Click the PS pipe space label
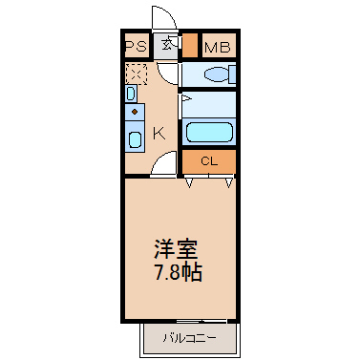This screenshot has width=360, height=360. click(x=137, y=47)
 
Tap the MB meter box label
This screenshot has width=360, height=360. click(x=218, y=48)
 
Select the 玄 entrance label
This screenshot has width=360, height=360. click(x=167, y=44)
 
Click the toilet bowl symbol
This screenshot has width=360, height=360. click(x=217, y=75)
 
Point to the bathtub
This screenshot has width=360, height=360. click(x=209, y=132)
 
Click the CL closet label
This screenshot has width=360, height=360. click(x=209, y=161)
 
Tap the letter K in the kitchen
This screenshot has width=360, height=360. click(x=159, y=134)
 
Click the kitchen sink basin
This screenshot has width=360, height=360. click(x=135, y=139)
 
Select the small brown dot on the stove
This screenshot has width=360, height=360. click(x=135, y=112)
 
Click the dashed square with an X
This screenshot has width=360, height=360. click(x=137, y=74)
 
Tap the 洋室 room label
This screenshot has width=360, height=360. click(x=176, y=249)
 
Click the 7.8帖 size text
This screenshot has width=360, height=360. click(x=179, y=272)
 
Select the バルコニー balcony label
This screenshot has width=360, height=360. click(x=189, y=338)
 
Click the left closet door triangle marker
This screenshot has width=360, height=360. click(x=189, y=182)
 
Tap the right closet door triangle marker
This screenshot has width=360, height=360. click(x=229, y=182)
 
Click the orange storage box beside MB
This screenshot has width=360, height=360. click(x=190, y=45)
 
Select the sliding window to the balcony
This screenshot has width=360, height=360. click(x=201, y=321)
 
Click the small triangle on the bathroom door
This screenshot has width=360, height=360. click(x=185, y=98)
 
